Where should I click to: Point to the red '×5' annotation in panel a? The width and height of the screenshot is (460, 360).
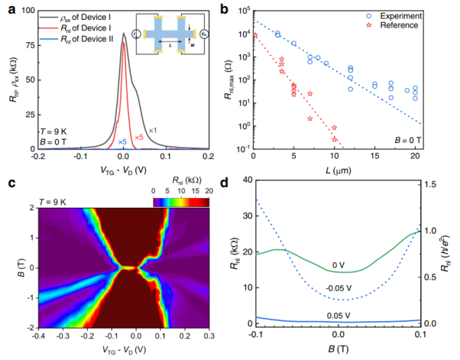(139, 138)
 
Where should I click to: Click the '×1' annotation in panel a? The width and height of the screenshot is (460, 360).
(153, 130)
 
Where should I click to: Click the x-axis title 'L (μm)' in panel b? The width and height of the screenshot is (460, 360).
(336, 173)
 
